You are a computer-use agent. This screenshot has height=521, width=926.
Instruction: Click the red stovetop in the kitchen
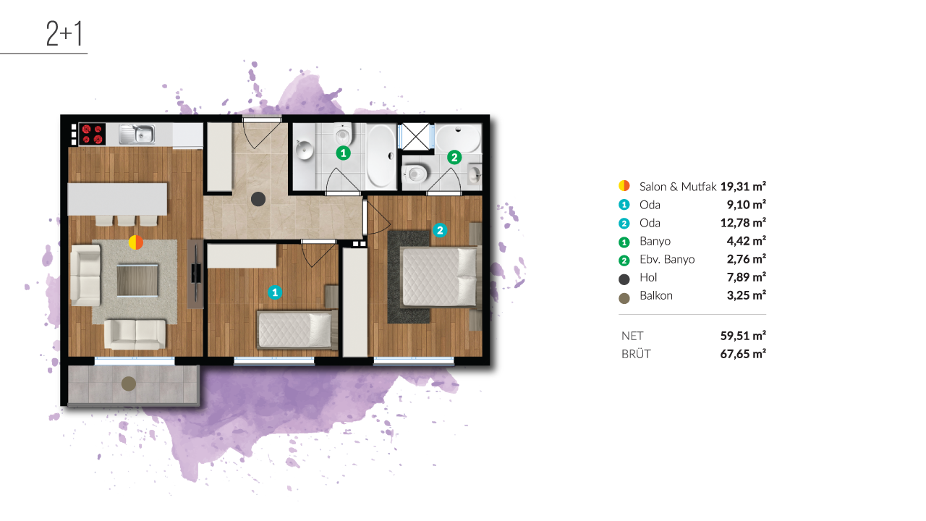coord(92,135)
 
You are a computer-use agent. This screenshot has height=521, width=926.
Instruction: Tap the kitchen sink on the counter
coord(137,135)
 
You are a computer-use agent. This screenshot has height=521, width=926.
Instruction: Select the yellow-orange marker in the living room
coord(135,242)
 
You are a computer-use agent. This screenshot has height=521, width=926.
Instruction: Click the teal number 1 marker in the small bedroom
coord(275,292)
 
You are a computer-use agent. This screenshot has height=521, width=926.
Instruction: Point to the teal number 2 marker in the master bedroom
coord(440,230)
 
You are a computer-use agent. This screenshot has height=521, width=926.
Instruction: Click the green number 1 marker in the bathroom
coord(343,153)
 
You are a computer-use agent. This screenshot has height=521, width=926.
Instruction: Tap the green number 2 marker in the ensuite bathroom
coord(454,157)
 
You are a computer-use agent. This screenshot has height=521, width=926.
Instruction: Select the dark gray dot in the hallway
coord(258,199)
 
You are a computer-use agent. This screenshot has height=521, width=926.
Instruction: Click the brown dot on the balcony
coord(129,384)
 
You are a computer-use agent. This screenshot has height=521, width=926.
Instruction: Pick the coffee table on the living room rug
coord(137,281)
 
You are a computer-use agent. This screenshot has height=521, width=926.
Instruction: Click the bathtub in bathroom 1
coord(381,156)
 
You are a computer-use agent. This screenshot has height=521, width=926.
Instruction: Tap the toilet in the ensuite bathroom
coord(415,174)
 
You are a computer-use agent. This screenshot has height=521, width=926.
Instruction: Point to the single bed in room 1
coord(296,329)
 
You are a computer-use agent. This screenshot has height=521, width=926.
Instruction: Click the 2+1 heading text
coord(64,33)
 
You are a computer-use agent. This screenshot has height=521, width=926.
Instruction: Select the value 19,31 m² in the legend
coord(743,187)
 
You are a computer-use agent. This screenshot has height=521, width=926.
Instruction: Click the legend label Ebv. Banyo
coord(667,259)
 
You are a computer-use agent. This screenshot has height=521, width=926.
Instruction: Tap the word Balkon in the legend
coord(656,296)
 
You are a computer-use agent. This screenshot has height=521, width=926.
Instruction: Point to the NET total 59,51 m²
coord(743,336)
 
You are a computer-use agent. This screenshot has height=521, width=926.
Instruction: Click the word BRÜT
coord(636,354)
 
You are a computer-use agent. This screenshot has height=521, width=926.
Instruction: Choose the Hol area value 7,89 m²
coord(746,277)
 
